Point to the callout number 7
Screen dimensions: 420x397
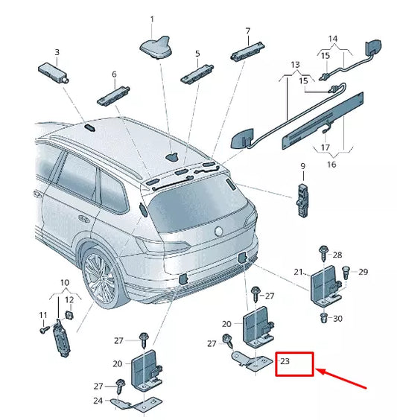click(247, 31)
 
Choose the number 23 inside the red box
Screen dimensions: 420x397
click(285, 363)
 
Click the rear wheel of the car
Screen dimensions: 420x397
click(101, 279)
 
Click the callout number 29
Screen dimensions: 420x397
click(363, 272)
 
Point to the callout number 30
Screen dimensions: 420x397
click(337, 319)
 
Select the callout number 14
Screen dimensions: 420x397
click(333, 38)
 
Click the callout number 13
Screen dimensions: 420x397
click(296, 66)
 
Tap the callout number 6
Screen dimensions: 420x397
click(114, 74)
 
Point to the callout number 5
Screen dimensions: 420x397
click(197, 54)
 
